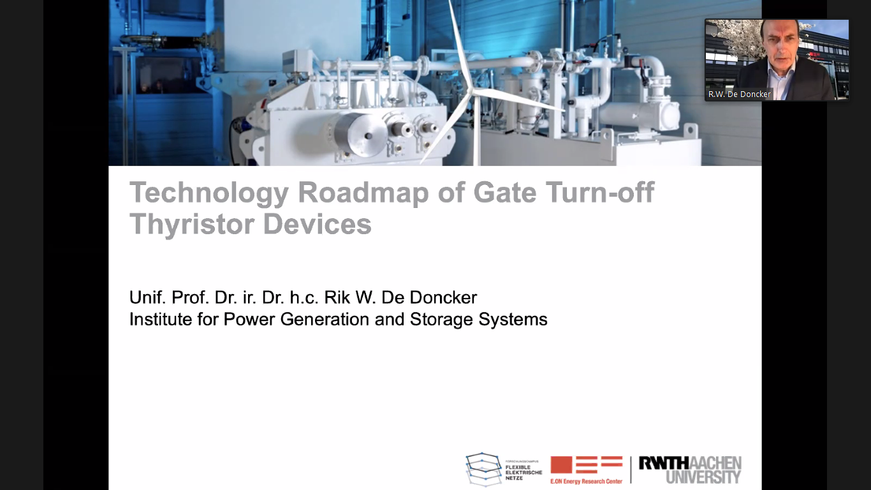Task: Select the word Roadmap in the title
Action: click(x=363, y=192)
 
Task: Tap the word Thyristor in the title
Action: click(x=191, y=225)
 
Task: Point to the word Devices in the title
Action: click(x=318, y=224)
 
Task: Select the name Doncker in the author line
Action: click(x=443, y=297)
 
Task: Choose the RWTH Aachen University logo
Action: click(x=690, y=470)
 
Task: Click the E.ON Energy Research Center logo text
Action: click(x=587, y=482)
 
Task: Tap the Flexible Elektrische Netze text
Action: click(x=523, y=472)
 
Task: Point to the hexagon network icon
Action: click(x=484, y=470)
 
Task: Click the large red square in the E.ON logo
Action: click(x=561, y=465)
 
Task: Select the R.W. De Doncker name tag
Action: click(x=739, y=94)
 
